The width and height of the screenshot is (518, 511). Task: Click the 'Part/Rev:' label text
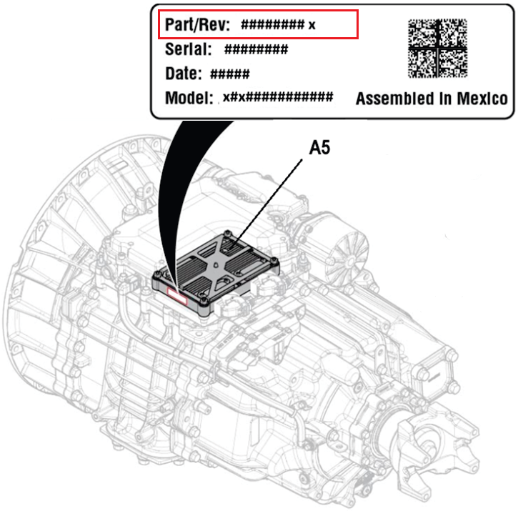[x=197, y=24]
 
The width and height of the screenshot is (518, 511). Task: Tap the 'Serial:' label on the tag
[x=189, y=49]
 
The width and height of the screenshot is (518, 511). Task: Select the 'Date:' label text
[x=184, y=74]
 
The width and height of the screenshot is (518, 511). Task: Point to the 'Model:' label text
[x=189, y=98]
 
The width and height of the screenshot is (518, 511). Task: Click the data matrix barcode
[x=437, y=49]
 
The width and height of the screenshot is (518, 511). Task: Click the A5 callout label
[x=319, y=147]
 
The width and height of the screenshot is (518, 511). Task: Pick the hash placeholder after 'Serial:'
[x=256, y=49]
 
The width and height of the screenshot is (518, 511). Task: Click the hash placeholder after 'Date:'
[x=230, y=74]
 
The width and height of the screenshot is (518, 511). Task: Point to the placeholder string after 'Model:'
[x=278, y=97]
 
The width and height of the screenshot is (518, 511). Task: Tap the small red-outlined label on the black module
[x=177, y=296]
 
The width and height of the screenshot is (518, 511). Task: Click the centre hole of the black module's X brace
[x=215, y=265]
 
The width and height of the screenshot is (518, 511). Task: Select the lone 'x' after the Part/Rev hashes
[x=312, y=25]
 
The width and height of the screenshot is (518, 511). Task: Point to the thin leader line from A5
[x=268, y=203]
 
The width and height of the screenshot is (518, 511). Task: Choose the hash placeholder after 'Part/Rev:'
[x=272, y=24]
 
